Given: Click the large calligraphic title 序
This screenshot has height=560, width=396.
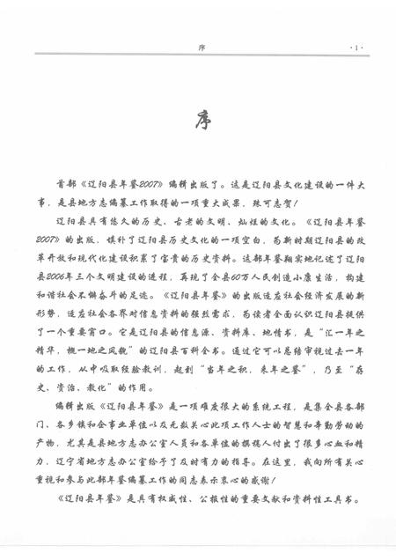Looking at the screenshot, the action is (x=202, y=120).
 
